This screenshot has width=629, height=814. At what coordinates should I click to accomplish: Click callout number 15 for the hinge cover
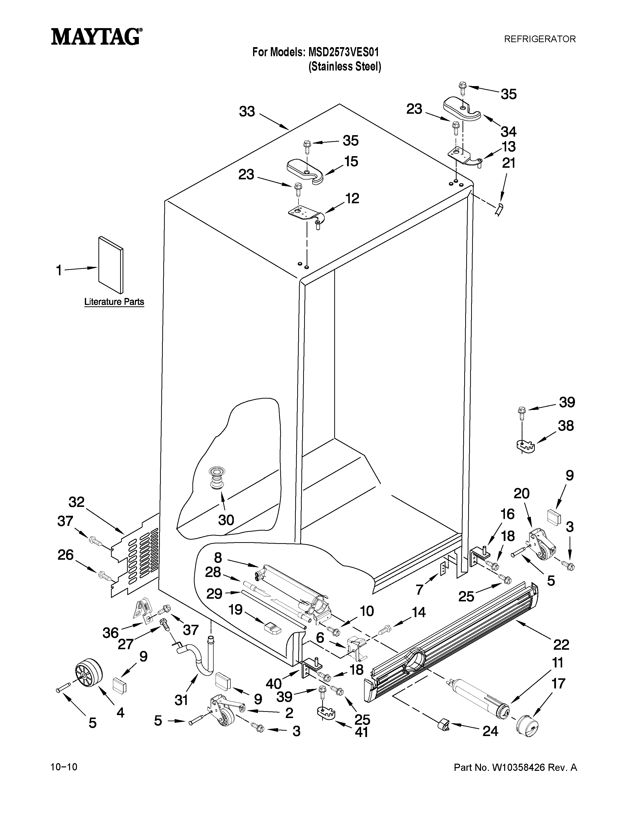pyautogui.click(x=351, y=161)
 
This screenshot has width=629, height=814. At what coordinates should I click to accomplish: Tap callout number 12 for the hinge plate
pyautogui.click(x=352, y=198)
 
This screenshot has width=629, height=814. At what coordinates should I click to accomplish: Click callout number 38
pyautogui.click(x=566, y=426)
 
